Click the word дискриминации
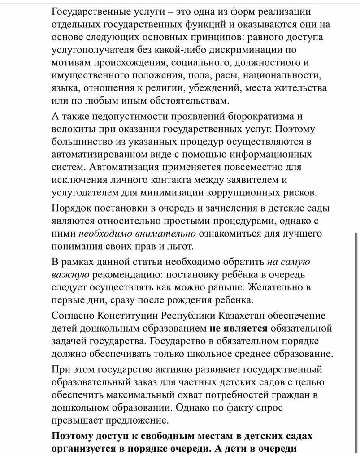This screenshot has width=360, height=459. click(x=250, y=49)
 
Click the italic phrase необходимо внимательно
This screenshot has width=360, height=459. click(x=137, y=234)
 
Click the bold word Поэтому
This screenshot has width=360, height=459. click(x=75, y=436)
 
